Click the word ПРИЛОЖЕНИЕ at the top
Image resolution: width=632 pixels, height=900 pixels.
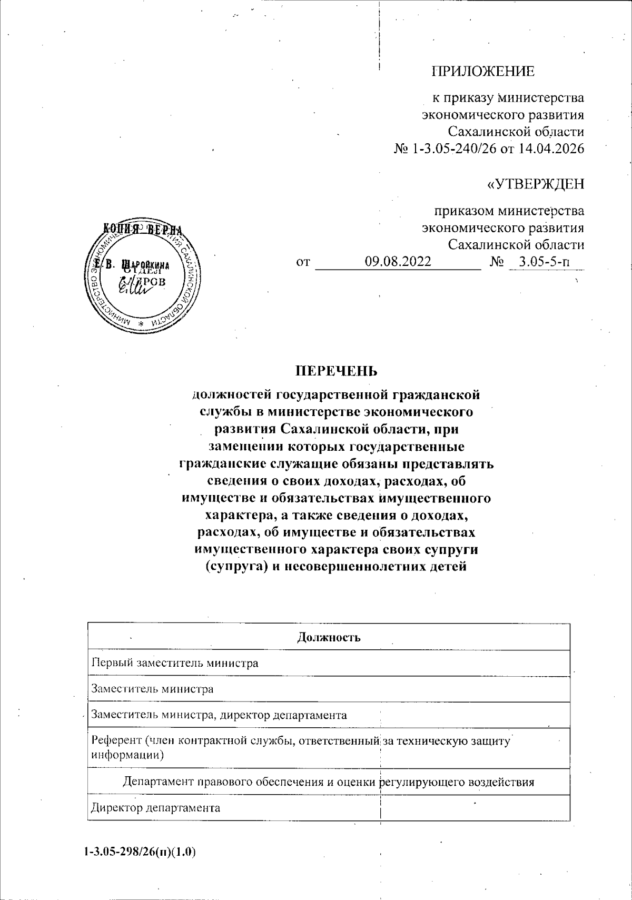click(x=483, y=72)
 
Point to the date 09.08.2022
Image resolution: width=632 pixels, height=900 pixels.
click(x=398, y=261)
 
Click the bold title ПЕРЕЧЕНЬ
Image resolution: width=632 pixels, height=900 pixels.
click(x=335, y=371)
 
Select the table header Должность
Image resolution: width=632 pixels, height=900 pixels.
click(x=329, y=637)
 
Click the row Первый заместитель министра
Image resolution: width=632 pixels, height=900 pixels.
click(x=175, y=663)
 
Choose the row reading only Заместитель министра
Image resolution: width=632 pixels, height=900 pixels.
click(x=152, y=689)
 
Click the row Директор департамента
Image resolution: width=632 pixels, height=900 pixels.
click(x=155, y=808)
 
